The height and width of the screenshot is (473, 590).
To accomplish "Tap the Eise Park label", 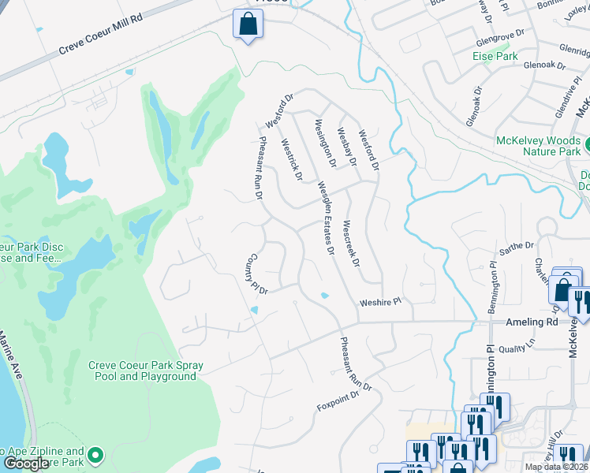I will tap(495, 56).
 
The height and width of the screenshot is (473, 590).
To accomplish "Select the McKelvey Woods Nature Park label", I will tap(538, 146).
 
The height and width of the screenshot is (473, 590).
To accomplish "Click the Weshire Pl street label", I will tap(381, 301).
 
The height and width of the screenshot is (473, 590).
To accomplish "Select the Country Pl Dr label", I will tap(260, 274).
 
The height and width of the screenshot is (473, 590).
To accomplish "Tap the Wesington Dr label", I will tap(325, 142).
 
